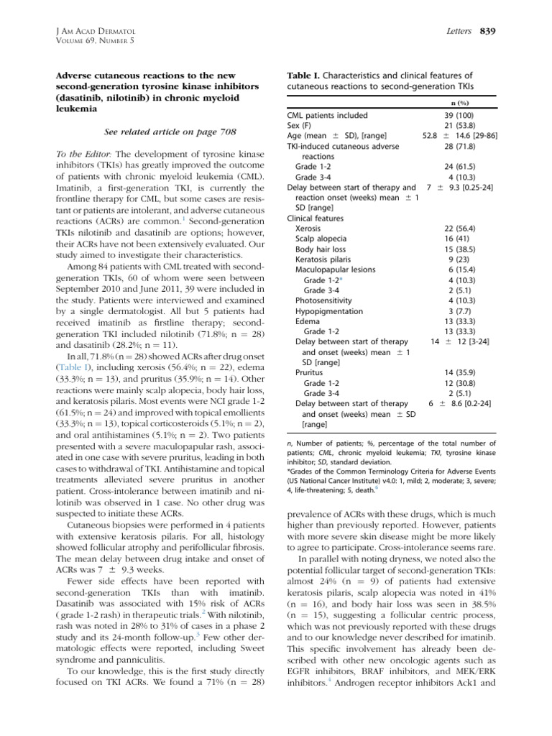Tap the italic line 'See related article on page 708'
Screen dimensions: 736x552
(160, 132)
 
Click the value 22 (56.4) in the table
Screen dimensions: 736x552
(461, 227)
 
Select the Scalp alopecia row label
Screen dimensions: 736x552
(321, 238)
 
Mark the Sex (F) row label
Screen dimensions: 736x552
(301, 126)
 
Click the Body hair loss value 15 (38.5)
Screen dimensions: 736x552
(461, 248)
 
